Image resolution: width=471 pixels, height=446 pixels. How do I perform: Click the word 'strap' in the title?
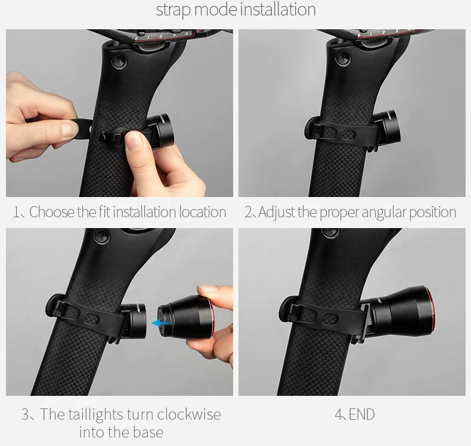tap(173, 10)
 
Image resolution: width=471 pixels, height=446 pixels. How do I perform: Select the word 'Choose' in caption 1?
tap(52, 212)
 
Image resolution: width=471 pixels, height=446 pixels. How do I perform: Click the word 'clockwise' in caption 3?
tap(189, 414)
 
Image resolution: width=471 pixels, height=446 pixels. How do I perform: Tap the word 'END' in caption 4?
tap(362, 414)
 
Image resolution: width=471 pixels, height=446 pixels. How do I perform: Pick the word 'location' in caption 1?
tap(203, 212)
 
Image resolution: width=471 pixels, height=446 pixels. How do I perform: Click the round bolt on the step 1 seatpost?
tap(119, 62)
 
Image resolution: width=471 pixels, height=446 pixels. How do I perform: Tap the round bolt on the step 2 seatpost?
tap(343, 59)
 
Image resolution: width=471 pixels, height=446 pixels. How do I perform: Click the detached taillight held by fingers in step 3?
tap(185, 317)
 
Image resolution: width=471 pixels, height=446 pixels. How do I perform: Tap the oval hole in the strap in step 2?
tap(348, 134)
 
